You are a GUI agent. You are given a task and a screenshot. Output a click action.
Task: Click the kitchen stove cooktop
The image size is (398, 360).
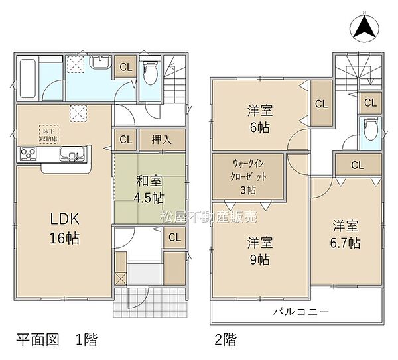[28, 155]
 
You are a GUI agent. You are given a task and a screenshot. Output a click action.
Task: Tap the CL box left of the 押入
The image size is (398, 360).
[125, 140]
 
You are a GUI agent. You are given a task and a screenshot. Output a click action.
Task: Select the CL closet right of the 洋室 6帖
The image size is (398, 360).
[321, 103]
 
